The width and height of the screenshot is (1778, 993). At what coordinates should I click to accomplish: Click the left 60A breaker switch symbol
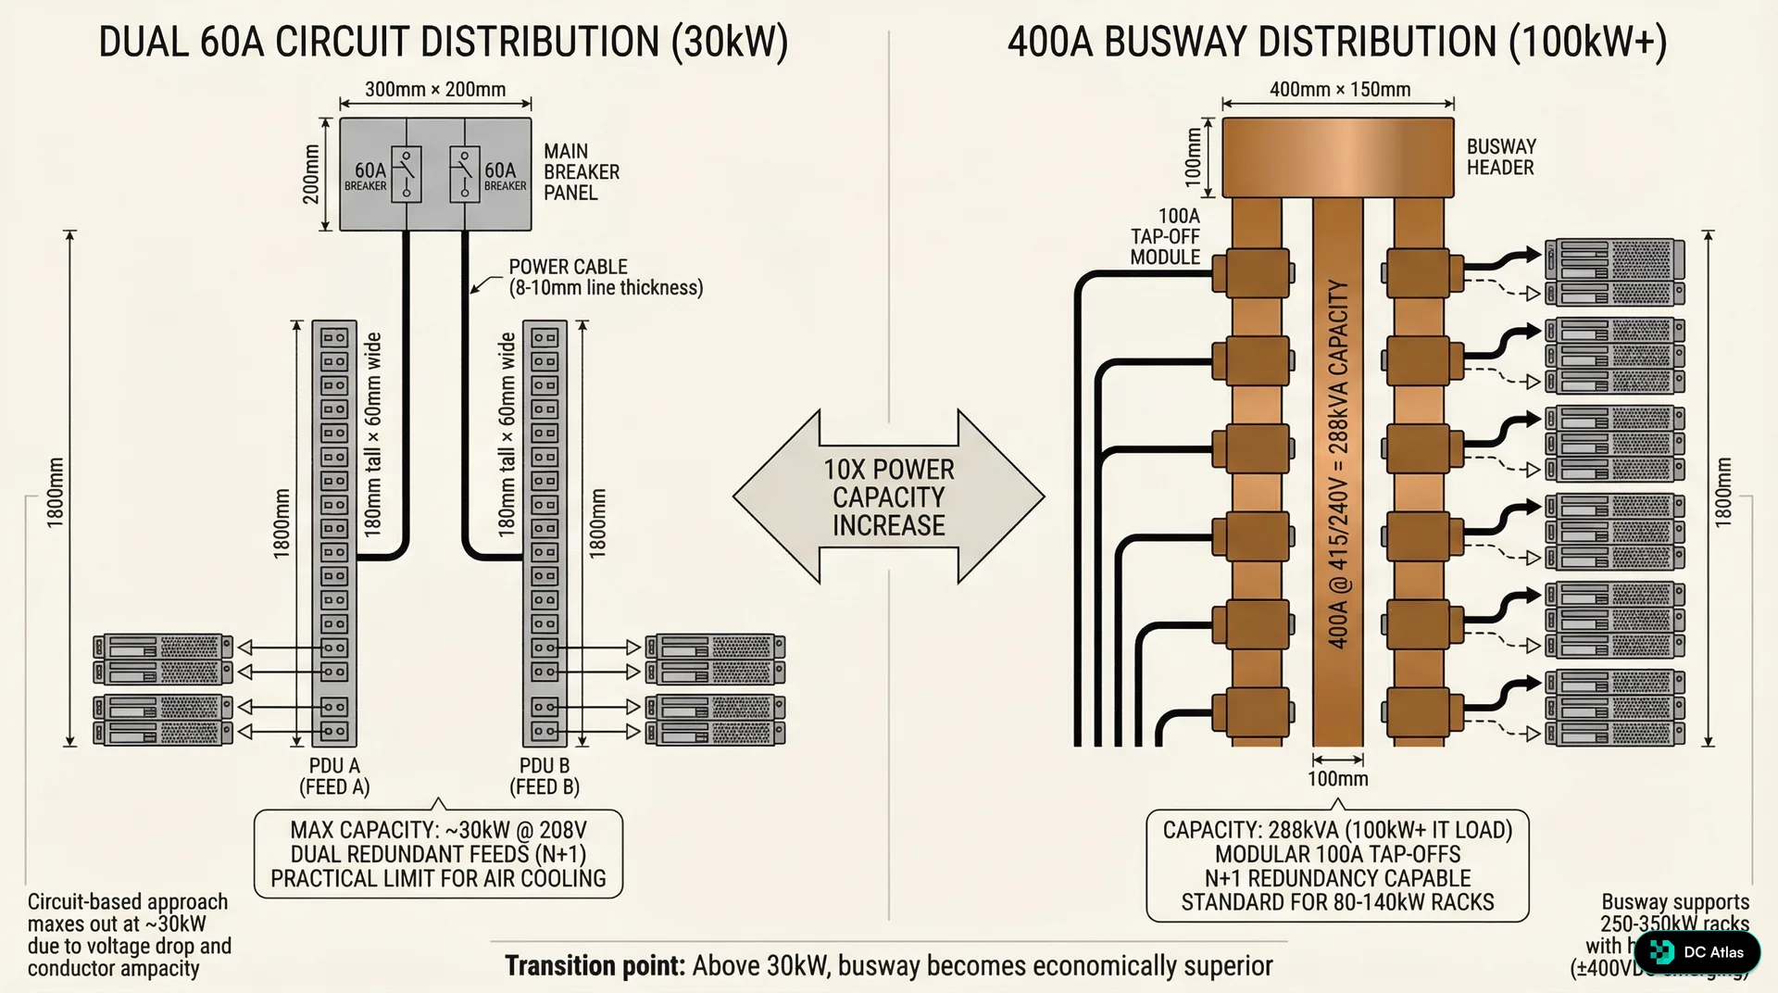pyautogui.click(x=406, y=174)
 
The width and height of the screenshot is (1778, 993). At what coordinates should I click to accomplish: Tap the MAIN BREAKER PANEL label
pyautogui.click(x=581, y=172)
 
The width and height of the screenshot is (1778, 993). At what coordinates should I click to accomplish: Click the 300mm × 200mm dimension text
pyautogui.click(x=435, y=90)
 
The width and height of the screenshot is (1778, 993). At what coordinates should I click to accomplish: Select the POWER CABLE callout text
pyautogui.click(x=605, y=277)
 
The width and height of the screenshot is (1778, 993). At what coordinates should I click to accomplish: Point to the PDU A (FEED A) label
pyautogui.click(x=334, y=776)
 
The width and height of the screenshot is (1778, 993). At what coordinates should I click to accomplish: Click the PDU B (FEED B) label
pyautogui.click(x=545, y=776)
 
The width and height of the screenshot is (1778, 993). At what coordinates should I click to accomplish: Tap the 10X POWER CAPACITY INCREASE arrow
pyautogui.click(x=888, y=497)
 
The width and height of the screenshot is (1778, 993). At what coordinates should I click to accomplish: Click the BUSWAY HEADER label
pyautogui.click(x=1500, y=157)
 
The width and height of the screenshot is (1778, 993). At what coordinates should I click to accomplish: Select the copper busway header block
pyautogui.click(x=1337, y=157)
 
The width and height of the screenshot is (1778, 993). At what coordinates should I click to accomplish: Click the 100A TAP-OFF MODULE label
pyautogui.click(x=1165, y=237)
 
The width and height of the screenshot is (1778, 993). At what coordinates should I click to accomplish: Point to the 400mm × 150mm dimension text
pyautogui.click(x=1339, y=90)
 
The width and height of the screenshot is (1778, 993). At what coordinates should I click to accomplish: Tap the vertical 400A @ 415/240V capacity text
pyautogui.click(x=1338, y=463)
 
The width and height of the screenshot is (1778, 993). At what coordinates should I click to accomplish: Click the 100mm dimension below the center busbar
pyautogui.click(x=1337, y=779)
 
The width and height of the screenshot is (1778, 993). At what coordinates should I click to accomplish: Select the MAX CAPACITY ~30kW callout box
pyautogui.click(x=438, y=854)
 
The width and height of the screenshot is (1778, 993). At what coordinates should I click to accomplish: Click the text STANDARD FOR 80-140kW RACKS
pyautogui.click(x=1337, y=902)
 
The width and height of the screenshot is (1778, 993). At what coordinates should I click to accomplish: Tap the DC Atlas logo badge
pyautogui.click(x=1697, y=952)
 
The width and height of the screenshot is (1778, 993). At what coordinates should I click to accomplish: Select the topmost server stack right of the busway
pyautogui.click(x=1614, y=272)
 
